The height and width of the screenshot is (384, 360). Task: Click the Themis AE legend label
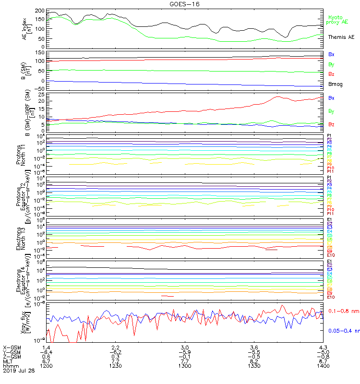(x=341, y=37)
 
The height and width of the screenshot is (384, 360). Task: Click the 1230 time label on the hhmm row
(x=115, y=366)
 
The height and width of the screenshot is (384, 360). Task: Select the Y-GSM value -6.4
(x=46, y=351)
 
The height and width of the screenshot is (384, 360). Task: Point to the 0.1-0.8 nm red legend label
(x=344, y=312)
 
